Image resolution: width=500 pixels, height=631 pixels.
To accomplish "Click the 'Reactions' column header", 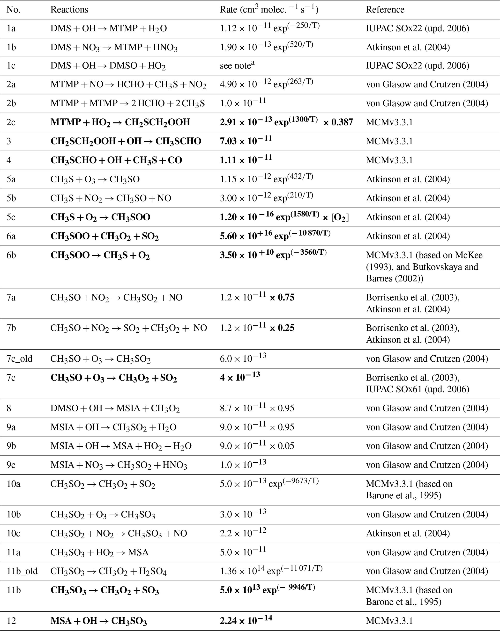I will (x=69, y=10).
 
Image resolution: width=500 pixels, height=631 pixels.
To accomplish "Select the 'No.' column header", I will (x=14, y=10).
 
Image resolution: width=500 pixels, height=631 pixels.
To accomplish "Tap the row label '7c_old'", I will (x=20, y=359).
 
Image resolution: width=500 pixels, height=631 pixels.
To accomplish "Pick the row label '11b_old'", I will (x=22, y=571).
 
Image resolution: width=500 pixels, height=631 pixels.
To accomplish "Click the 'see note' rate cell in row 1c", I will (x=237, y=65).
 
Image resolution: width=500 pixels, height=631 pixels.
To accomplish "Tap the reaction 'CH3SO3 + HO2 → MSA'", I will (x=99, y=552).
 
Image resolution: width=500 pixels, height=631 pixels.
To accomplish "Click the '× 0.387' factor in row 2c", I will (x=338, y=122).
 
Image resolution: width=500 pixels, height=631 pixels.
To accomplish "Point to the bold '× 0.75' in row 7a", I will (x=282, y=298).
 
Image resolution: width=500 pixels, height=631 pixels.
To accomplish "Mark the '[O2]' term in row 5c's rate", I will (x=340, y=217).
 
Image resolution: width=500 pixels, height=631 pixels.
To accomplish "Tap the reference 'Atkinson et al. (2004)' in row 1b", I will (x=408, y=47).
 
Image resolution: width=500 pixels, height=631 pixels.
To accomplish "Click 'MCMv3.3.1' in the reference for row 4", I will (x=389, y=160).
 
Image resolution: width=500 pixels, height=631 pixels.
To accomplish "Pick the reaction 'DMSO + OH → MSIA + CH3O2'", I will (x=115, y=408).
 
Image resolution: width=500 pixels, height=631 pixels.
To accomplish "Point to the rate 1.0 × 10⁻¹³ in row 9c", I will (x=243, y=465).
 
